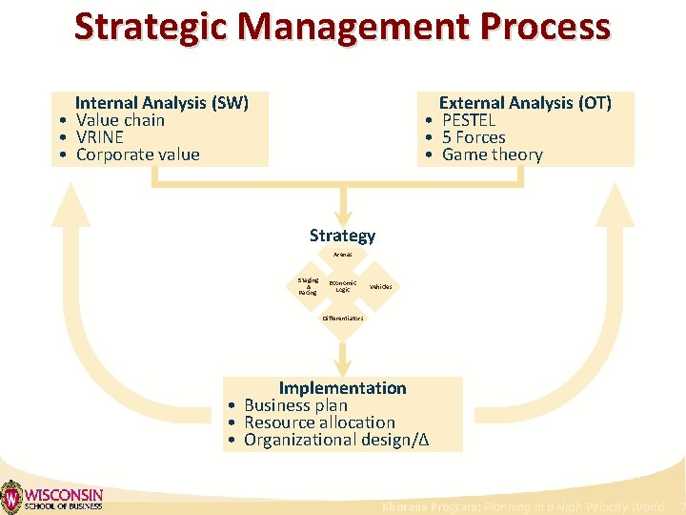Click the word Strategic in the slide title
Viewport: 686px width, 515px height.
[153, 27]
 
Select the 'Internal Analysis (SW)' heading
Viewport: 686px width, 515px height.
[161, 103]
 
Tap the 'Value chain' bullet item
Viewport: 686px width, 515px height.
[120, 120]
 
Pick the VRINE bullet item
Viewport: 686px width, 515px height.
[100, 137]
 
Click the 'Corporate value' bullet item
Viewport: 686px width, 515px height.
[137, 154]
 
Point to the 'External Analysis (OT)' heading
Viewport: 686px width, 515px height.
[524, 103]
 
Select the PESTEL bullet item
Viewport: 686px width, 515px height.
[469, 120]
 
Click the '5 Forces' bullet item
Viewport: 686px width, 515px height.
[474, 137]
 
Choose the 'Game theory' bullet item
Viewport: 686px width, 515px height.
[492, 154]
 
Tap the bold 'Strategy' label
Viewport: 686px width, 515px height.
[342, 236]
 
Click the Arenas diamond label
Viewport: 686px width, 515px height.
[343, 255]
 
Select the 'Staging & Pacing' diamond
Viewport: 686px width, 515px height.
[308, 286]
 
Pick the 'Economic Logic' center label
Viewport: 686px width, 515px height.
[343, 286]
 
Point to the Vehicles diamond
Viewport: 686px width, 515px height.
[379, 287]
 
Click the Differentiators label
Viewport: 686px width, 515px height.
[343, 318]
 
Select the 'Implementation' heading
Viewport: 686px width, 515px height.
[342, 388]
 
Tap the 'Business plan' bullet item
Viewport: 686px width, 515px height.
[295, 405]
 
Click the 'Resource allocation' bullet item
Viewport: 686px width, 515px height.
[319, 422]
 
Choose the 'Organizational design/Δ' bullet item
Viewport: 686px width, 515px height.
[336, 440]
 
